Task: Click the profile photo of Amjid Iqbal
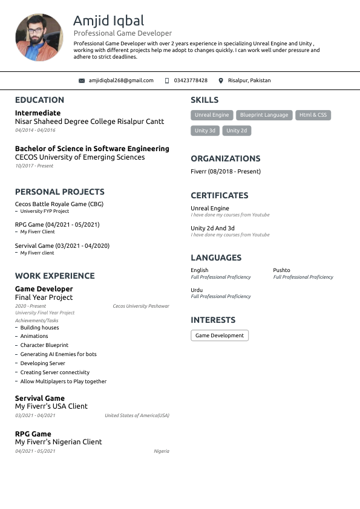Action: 39,37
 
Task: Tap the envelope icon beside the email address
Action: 82,80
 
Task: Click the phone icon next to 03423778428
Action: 167,80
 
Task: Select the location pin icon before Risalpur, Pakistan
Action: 221,80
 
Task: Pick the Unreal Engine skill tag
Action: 212,115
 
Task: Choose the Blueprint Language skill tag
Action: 264,115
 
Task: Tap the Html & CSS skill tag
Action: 313,115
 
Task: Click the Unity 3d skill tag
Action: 205,131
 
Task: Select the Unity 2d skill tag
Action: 237,131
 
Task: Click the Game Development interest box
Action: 220,336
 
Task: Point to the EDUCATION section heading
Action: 39,100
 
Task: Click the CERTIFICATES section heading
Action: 219,196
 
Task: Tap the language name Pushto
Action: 281,270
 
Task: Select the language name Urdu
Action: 197,290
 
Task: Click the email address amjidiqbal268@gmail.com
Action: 121,80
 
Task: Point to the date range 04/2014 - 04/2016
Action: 35,130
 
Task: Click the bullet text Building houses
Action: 39,327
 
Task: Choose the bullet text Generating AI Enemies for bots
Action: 58,354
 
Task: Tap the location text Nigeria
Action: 162,451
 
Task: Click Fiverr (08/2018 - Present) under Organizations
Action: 226,172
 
